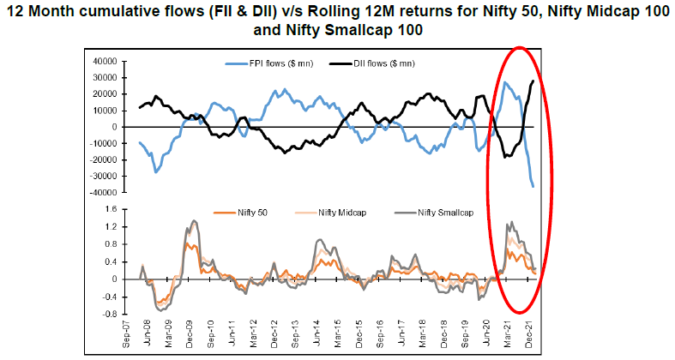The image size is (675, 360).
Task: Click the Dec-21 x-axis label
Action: (531, 334)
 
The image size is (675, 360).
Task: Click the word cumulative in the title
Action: (152, 11)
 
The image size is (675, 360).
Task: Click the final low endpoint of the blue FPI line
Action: (533, 186)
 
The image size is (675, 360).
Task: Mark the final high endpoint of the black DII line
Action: (533, 81)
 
